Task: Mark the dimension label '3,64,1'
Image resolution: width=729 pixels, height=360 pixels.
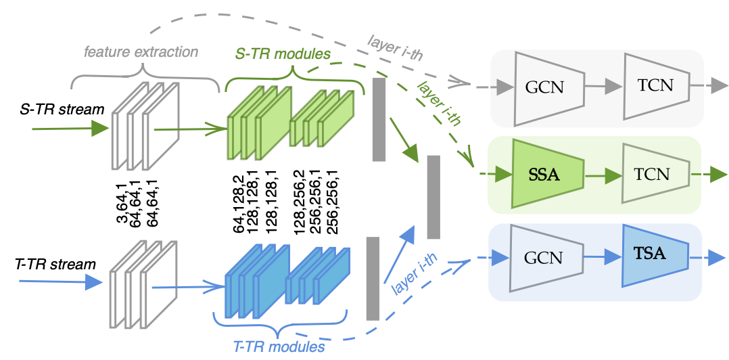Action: click(123, 204)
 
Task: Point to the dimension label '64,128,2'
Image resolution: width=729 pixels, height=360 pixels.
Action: click(239, 202)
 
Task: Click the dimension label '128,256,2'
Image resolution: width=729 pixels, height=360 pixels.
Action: click(299, 202)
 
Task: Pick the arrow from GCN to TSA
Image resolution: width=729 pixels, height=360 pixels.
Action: click(601, 258)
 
